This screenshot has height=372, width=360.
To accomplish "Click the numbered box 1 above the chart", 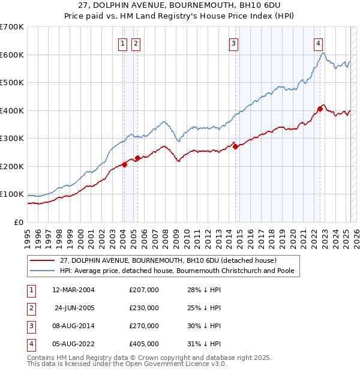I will point(122,43).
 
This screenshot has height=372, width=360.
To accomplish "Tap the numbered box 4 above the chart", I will point(317,43).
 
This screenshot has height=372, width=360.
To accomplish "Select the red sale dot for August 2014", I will point(235,146).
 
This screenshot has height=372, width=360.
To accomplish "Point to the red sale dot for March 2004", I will point(124,164).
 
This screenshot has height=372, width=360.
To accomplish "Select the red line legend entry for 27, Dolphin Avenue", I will point(168,260).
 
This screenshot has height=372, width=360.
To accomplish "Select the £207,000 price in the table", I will point(144,290).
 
